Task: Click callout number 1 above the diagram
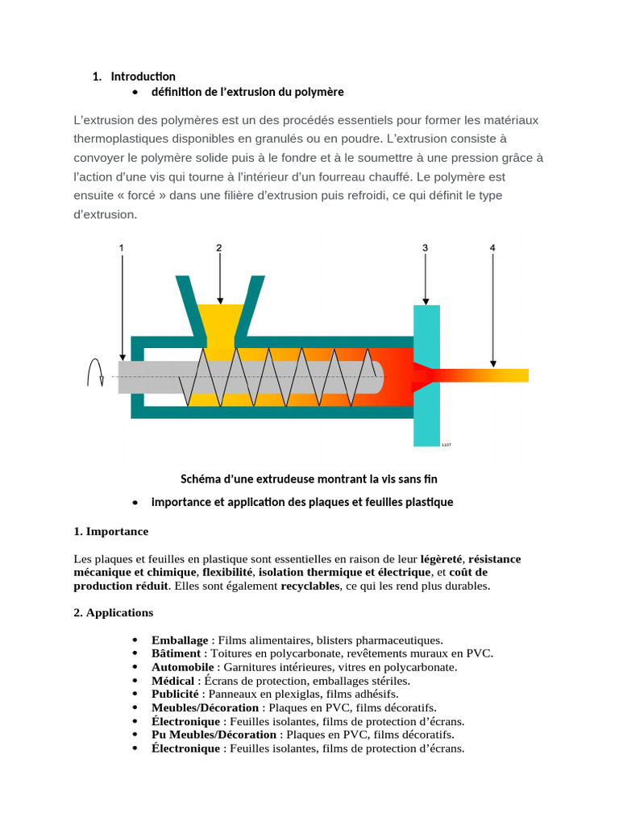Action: [122, 249]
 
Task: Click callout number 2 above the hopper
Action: [218, 249]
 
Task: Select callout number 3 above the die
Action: [425, 249]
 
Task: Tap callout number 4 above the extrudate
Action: [492, 249]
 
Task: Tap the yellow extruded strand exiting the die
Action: [500, 375]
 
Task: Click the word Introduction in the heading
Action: [143, 77]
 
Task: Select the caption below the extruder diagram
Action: [309, 479]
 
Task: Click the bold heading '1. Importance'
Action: [110, 532]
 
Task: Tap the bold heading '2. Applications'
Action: [113, 612]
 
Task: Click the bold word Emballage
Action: [180, 640]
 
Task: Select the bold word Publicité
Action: [175, 694]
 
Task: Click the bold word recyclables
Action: [310, 586]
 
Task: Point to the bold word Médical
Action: [172, 681]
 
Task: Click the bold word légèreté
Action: [441, 558]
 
